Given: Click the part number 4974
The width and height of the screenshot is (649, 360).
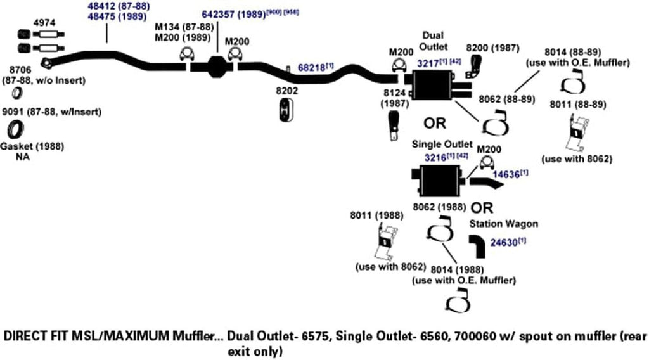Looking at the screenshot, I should coord(44,23).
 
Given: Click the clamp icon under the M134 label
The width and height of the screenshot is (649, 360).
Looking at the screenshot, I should coord(188,57).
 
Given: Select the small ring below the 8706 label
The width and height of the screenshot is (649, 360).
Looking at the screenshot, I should coord(19,94).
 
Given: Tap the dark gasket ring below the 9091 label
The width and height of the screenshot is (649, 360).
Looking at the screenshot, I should coord(14,131).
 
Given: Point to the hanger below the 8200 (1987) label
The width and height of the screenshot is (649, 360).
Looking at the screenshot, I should coord(475,67).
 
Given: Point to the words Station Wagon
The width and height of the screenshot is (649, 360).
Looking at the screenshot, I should coord(503,224).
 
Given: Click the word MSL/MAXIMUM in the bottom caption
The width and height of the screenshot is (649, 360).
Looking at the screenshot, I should coord(132,336).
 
